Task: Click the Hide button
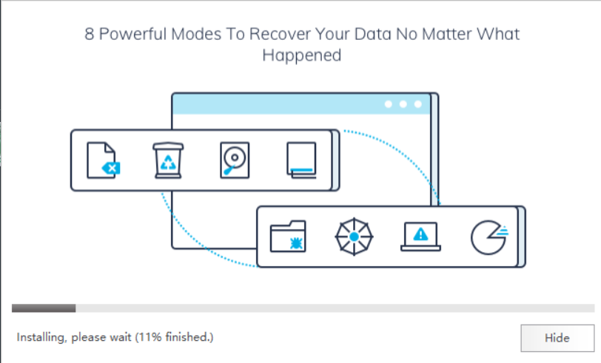click(x=557, y=338)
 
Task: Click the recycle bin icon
click(x=167, y=160)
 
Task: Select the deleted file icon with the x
click(x=102, y=160)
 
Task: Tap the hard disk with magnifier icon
click(x=235, y=160)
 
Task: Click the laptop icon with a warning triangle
click(x=420, y=235)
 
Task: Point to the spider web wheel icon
click(x=354, y=237)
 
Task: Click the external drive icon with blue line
click(x=301, y=160)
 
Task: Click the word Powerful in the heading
click(x=130, y=34)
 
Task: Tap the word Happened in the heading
click(x=301, y=55)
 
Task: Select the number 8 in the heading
click(x=89, y=34)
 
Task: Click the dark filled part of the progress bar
click(x=44, y=308)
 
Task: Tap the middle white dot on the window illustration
click(x=403, y=104)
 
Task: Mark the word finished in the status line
click(x=187, y=338)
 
